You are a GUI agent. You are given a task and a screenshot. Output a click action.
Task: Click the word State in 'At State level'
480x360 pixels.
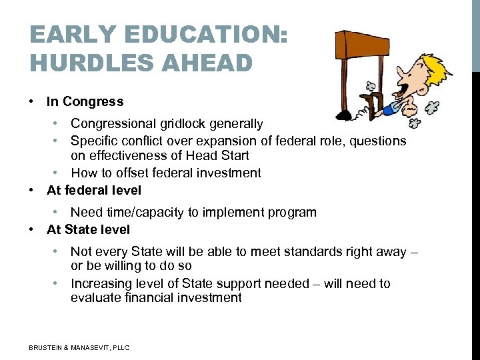coord(81,229)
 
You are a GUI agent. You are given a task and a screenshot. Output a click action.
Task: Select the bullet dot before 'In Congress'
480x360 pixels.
coord(31,101)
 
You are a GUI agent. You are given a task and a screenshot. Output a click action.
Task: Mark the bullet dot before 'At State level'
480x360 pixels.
coord(31,229)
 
